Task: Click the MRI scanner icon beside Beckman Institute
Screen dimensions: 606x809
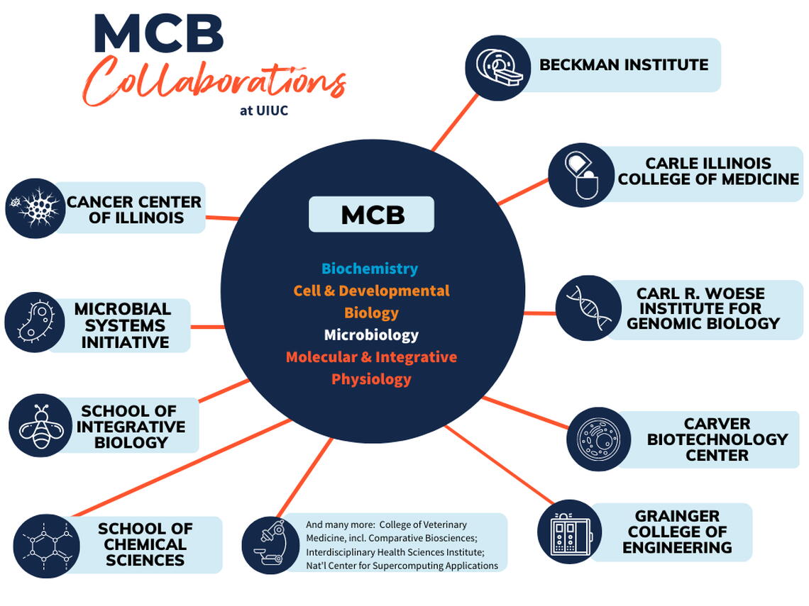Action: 497,68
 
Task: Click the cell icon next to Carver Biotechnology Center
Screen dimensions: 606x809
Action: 599,439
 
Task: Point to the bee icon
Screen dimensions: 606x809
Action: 40,425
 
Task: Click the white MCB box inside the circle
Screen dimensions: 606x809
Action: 371,215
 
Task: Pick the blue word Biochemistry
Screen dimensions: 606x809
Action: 369,269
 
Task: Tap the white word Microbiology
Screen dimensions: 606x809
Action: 371,335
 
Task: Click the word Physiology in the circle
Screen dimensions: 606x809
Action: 371,379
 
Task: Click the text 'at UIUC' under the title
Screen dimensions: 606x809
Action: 263,111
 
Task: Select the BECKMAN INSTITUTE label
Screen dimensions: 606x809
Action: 623,65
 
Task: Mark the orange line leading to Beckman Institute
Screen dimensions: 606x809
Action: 455,122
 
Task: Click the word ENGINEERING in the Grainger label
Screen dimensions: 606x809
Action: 677,548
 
